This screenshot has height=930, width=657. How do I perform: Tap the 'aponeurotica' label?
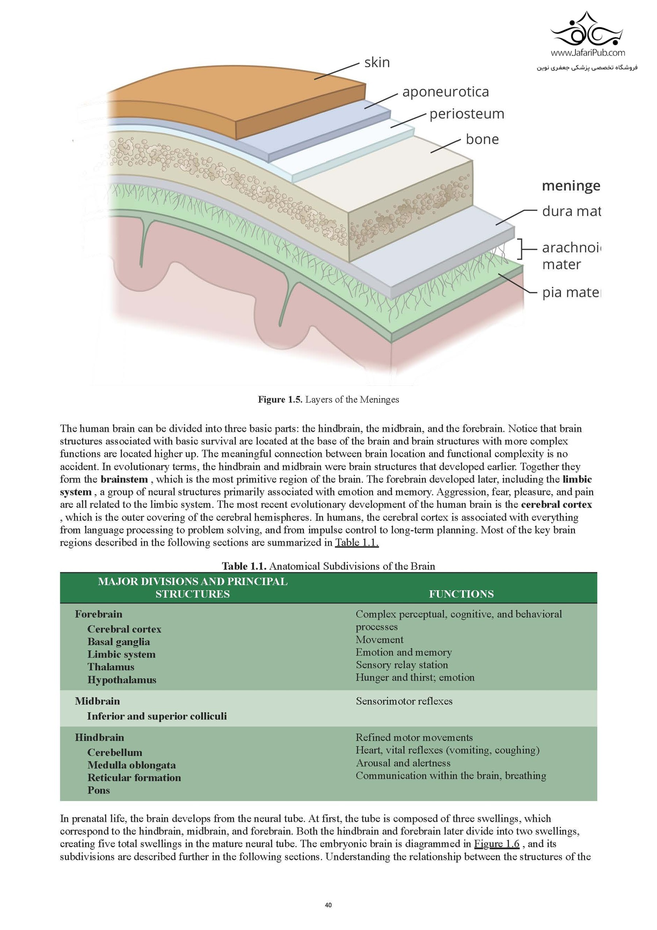445,92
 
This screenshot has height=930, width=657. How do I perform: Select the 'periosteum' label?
467,114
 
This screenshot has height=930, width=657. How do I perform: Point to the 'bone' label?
482,139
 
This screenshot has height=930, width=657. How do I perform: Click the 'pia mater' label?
571,292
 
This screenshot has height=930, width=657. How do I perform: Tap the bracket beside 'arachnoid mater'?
522,248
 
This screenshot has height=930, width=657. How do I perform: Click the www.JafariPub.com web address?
587,53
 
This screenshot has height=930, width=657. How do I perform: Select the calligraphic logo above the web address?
587,29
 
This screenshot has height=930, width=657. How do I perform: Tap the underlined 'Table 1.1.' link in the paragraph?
357,542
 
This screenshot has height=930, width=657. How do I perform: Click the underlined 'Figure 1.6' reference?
497,844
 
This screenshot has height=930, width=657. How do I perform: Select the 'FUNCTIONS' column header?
461,594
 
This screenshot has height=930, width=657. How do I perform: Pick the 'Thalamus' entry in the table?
111,667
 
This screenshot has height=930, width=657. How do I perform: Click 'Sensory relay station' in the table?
401,665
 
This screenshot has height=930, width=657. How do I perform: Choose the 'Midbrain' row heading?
97,701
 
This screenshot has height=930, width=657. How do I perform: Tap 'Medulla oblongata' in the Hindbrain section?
131,765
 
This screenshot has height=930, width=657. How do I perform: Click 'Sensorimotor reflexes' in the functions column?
404,701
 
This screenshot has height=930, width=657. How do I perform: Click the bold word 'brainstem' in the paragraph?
124,479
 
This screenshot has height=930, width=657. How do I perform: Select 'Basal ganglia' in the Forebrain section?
119,641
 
